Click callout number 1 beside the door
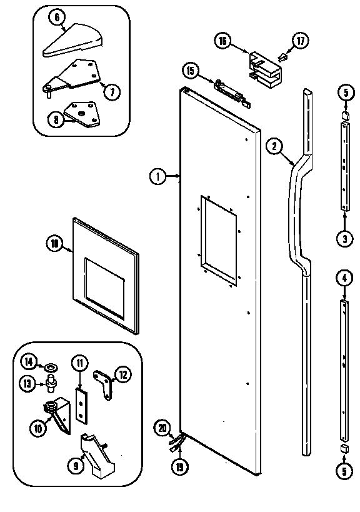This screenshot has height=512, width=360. click(157, 177)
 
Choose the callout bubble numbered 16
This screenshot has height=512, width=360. click(222, 42)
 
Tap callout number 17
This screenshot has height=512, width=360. click(301, 41)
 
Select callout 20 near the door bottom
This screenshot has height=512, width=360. click(162, 428)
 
